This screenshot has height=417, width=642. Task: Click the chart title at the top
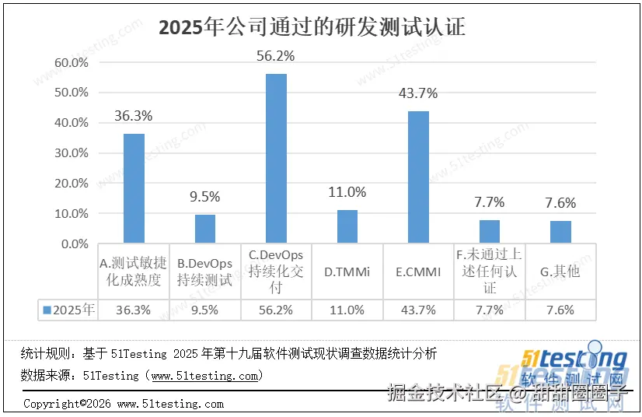(x=312, y=27)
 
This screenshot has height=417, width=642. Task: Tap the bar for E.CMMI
(x=418, y=177)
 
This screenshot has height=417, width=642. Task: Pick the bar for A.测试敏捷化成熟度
(x=134, y=188)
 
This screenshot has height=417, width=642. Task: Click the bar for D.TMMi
(x=347, y=226)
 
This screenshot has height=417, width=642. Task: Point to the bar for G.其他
(x=560, y=232)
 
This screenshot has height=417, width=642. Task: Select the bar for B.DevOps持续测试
(x=205, y=229)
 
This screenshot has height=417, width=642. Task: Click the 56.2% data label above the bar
(x=276, y=56)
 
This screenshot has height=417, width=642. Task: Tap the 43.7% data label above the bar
(x=418, y=93)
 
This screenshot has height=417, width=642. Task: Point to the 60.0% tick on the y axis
(x=71, y=62)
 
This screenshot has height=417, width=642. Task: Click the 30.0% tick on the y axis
(x=71, y=153)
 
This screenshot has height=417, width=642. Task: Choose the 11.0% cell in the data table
(x=347, y=310)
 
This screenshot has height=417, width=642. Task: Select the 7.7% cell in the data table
(x=490, y=310)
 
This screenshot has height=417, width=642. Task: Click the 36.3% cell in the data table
(x=134, y=310)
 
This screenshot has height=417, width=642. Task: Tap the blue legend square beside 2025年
(x=47, y=310)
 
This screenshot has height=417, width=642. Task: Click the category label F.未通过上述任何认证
(x=490, y=271)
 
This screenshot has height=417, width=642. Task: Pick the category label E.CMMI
(x=418, y=272)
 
